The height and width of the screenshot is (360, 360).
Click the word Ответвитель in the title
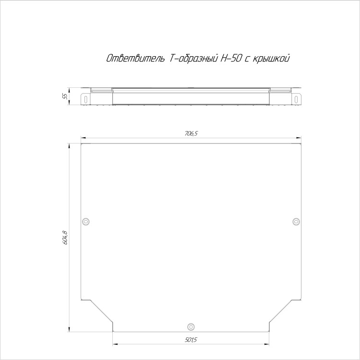[x=135, y=59]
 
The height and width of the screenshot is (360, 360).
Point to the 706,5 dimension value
[x=191, y=133]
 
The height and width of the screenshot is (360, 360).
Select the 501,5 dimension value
[x=191, y=340]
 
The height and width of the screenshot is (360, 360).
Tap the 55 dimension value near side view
[x=65, y=96]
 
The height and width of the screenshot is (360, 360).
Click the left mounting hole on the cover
[x=85, y=222]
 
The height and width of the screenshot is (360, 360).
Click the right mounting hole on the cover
[x=296, y=222]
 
